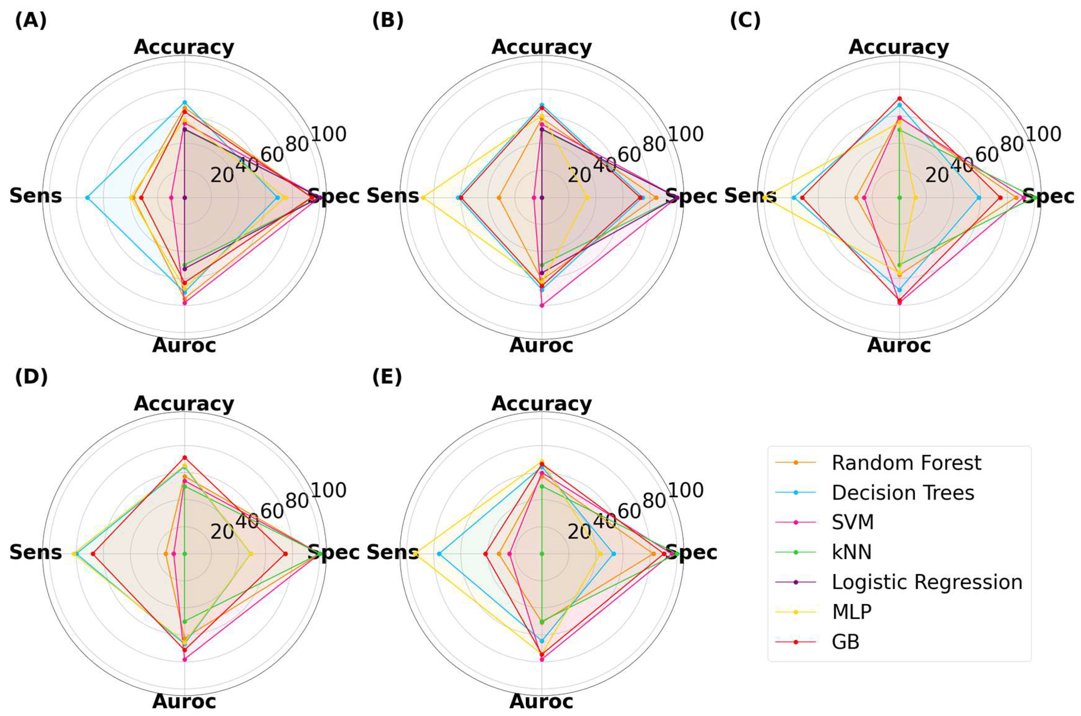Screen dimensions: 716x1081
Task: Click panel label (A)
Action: [x=31, y=21]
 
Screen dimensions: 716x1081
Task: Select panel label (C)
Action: [x=745, y=21]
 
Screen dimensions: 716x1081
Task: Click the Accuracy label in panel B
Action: [x=542, y=47]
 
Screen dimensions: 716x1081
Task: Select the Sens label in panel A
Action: [x=36, y=196]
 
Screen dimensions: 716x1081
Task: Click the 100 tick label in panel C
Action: [x=1043, y=135]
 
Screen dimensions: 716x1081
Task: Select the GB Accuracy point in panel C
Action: [x=900, y=98]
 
